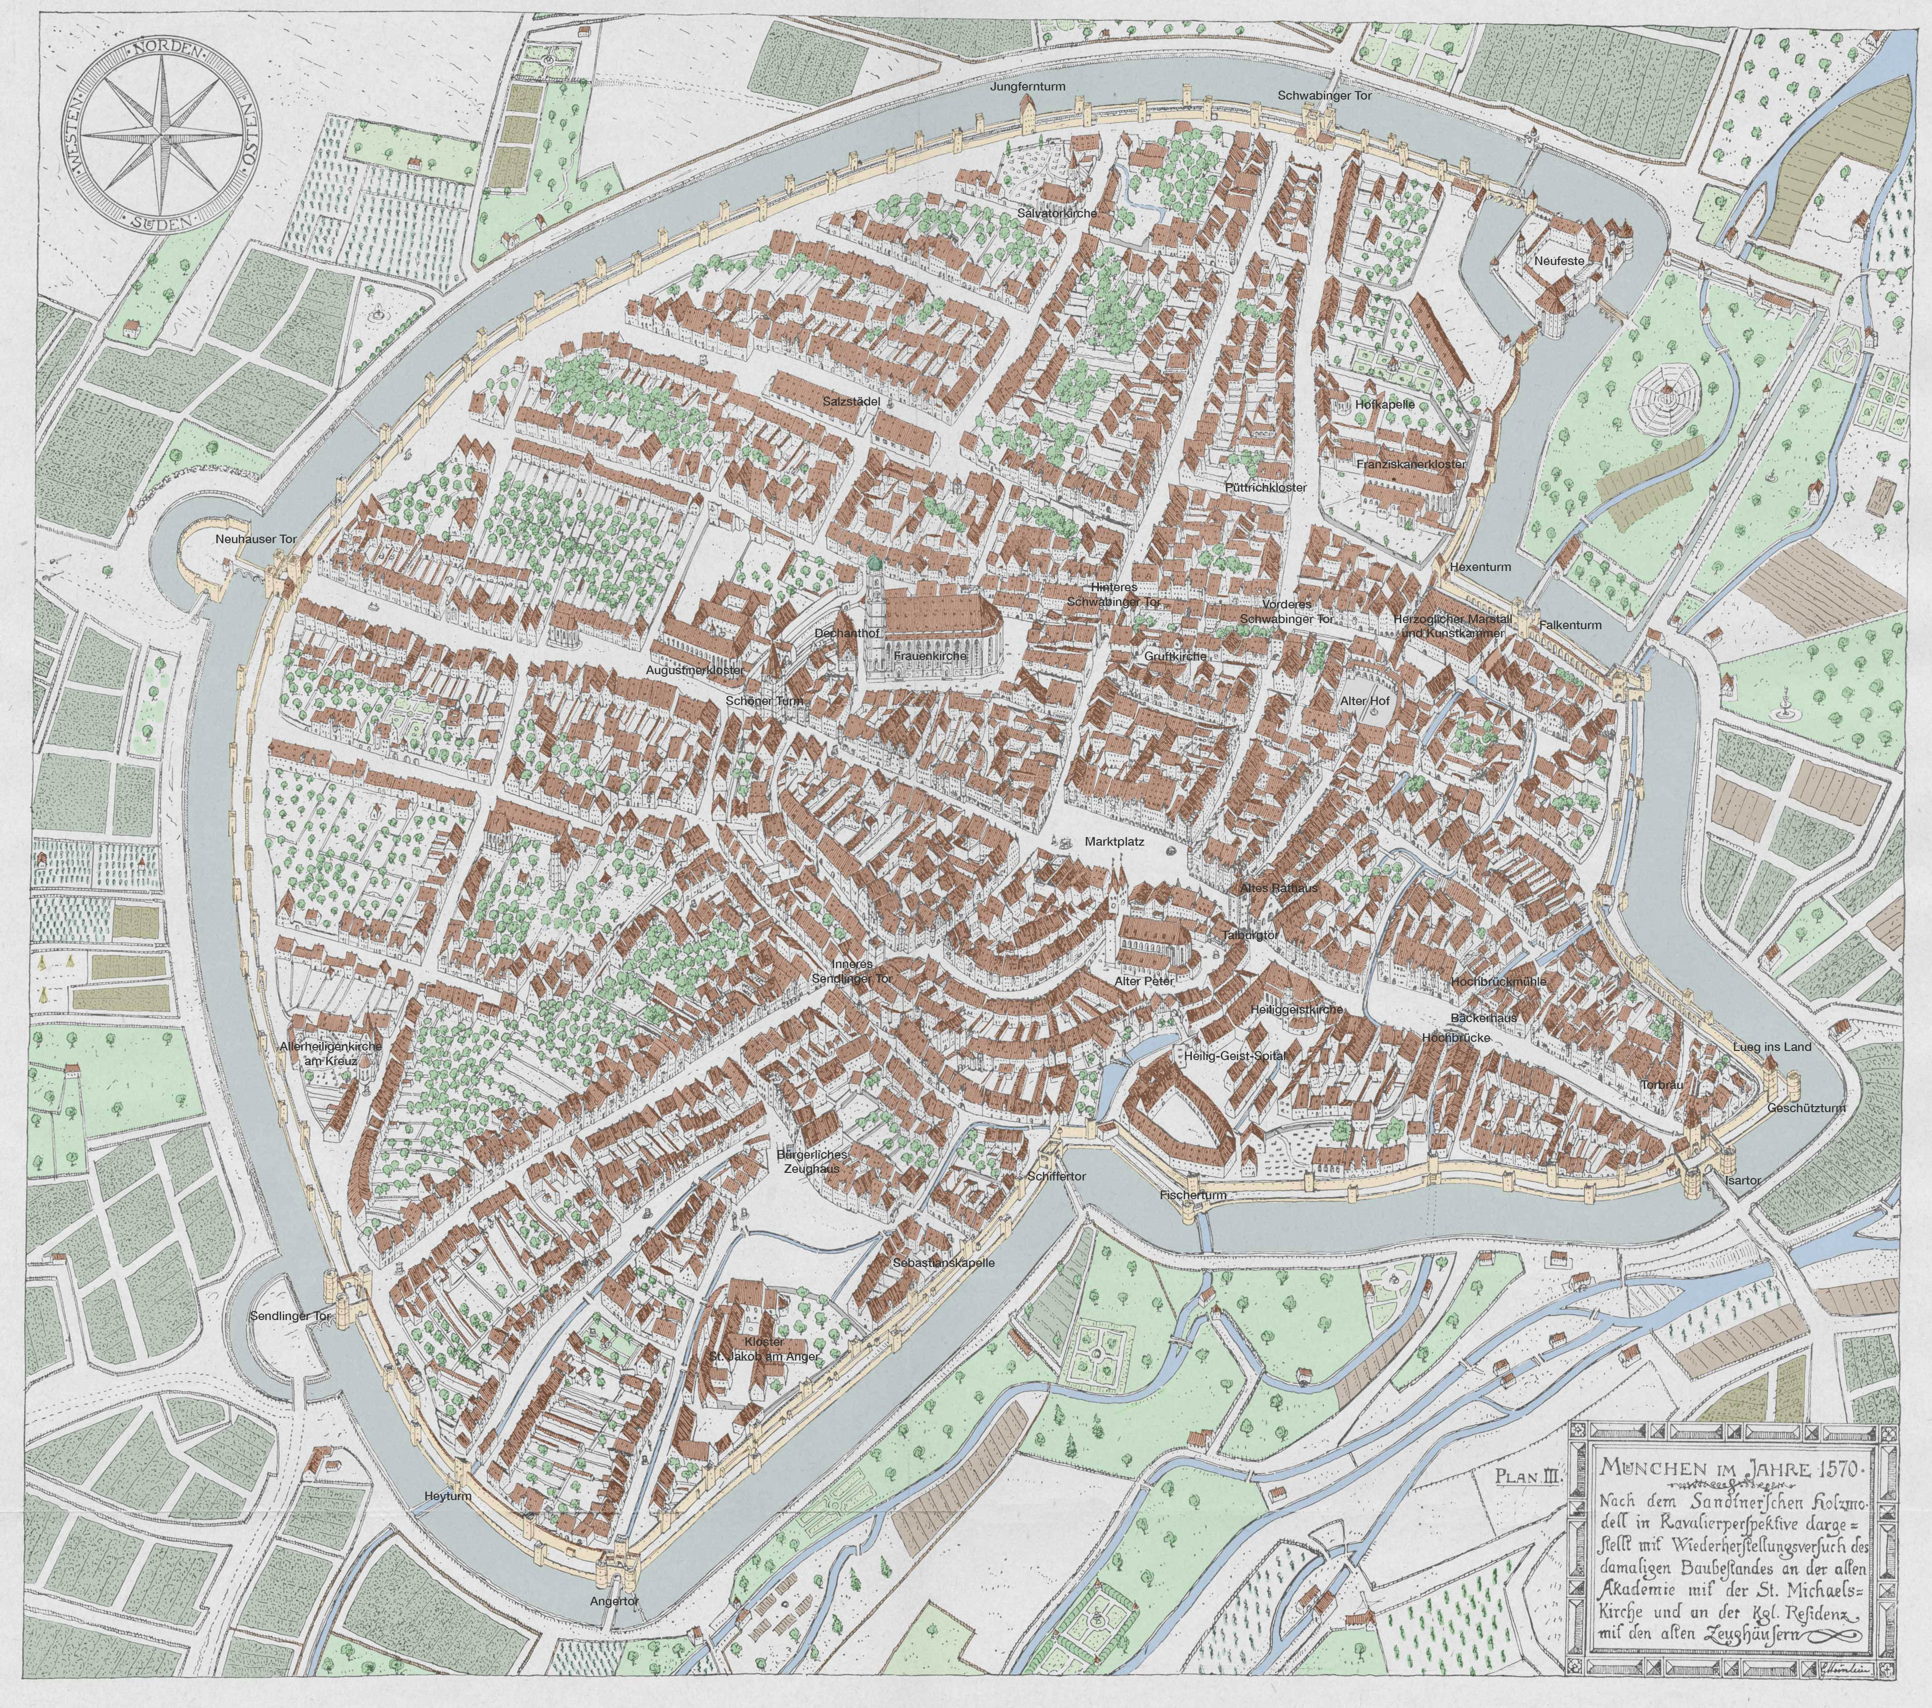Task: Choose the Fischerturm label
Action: (1193, 1196)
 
